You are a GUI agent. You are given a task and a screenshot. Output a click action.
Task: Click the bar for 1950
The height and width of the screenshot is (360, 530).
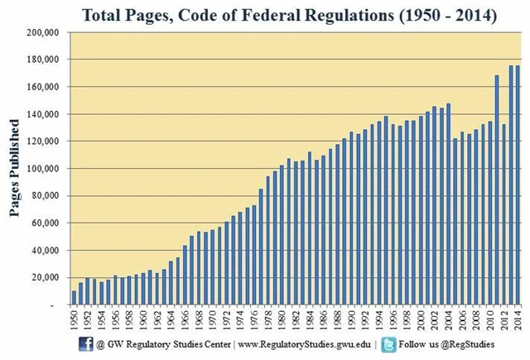click(75, 298)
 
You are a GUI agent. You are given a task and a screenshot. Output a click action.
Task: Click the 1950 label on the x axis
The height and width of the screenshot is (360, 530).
click(75, 319)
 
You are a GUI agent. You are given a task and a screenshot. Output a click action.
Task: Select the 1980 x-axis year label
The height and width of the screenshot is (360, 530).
click(282, 319)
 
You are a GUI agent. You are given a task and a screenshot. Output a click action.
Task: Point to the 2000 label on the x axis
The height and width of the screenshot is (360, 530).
click(422, 319)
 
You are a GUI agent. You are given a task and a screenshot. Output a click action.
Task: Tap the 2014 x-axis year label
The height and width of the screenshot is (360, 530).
click(518, 319)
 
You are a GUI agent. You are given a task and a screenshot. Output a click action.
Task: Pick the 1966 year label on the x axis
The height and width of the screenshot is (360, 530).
click(185, 319)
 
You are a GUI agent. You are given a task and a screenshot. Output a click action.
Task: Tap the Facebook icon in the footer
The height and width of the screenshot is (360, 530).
click(84, 343)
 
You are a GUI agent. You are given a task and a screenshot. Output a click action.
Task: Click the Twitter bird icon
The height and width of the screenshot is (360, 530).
click(389, 343)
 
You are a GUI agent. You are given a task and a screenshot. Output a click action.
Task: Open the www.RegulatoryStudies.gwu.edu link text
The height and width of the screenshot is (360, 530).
click(306, 344)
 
